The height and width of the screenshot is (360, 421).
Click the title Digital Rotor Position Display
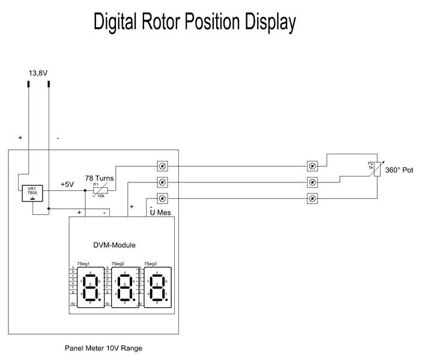195,23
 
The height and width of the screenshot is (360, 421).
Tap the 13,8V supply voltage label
38,73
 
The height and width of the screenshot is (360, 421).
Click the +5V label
67,184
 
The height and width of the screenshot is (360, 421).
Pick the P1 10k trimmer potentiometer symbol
99,191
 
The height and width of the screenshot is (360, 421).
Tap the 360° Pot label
399,170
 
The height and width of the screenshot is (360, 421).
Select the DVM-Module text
114,245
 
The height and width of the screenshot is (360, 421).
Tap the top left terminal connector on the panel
162,166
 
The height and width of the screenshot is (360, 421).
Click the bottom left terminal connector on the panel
162,199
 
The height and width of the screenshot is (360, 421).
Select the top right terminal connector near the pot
312,166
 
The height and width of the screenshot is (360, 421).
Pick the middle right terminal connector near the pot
312,182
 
